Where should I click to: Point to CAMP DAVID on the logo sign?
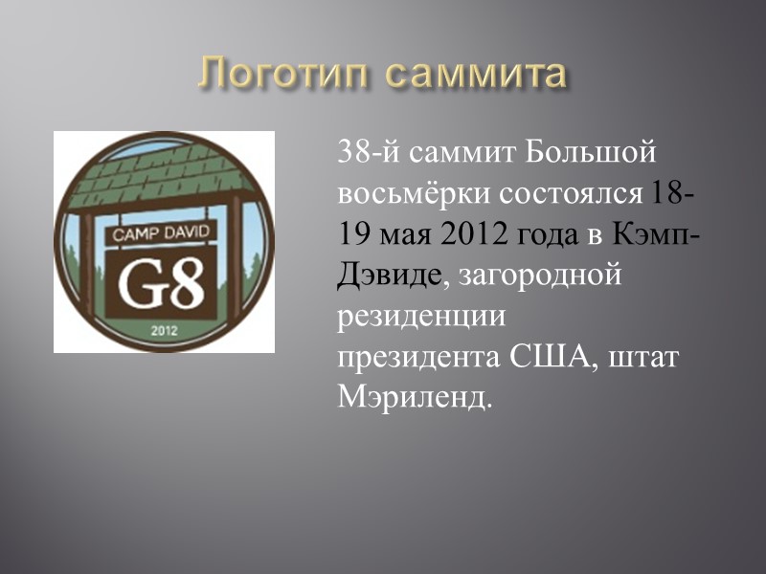(166, 232)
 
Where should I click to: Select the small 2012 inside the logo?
(165, 331)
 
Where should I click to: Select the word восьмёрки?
(413, 193)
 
